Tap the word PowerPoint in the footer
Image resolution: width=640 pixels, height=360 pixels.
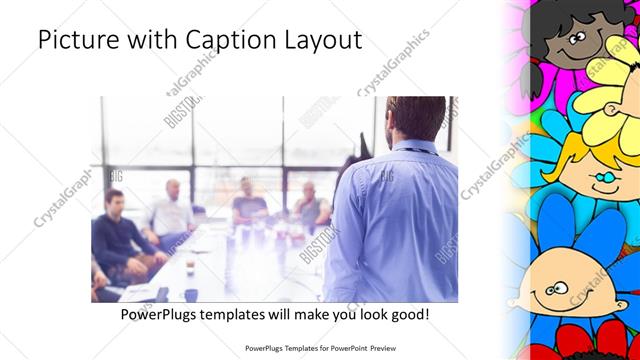343,349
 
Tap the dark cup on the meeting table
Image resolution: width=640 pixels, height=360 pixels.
190,294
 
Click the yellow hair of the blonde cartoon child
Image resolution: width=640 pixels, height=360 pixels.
600,110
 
